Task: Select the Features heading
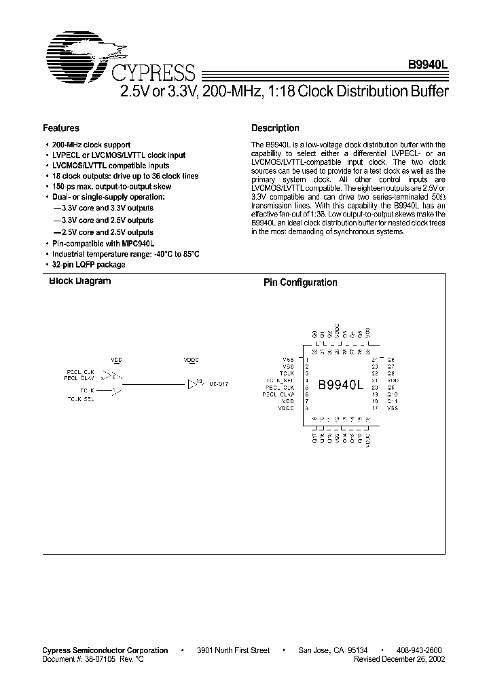[x=61, y=128]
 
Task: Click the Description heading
[x=275, y=128]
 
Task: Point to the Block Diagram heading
[x=79, y=281]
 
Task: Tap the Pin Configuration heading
[x=300, y=283]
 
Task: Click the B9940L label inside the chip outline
[x=341, y=385]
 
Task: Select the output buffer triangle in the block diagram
[x=192, y=384]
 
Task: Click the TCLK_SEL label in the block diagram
[x=81, y=399]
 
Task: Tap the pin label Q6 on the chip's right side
[x=391, y=359]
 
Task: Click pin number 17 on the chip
[x=374, y=409]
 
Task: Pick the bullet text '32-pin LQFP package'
[x=89, y=265]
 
